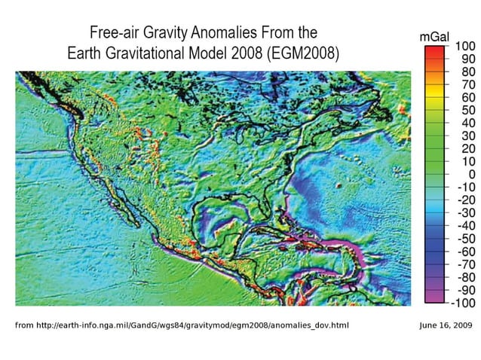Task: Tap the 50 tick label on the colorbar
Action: (x=462, y=111)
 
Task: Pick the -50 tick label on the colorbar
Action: (x=462, y=239)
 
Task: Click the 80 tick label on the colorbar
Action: (x=462, y=72)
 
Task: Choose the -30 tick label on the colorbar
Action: (x=462, y=213)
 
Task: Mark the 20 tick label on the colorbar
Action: (x=462, y=149)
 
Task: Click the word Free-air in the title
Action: (x=115, y=33)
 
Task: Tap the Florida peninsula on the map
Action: (x=266, y=209)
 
